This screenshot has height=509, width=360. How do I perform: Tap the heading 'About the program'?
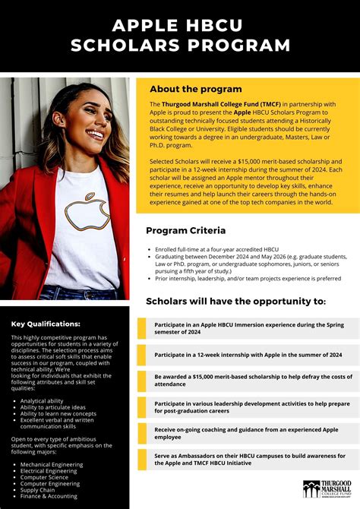pyautogui.click(x=195, y=89)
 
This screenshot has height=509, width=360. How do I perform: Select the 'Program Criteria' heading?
pyautogui.click(x=185, y=230)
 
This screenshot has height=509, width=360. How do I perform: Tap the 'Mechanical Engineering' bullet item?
pyautogui.click(x=52, y=463)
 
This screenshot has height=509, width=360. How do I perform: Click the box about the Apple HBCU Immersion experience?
pyautogui.click(x=248, y=328)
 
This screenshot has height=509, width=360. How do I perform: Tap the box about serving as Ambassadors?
pyautogui.click(x=248, y=459)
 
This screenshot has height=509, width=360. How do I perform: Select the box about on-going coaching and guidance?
pyautogui.click(x=248, y=432)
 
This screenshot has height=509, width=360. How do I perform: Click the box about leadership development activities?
pyautogui.click(x=248, y=406)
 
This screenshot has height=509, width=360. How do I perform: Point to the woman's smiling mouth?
pyautogui.click(x=95, y=134)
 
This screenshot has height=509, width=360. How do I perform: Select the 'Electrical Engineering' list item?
pyautogui.click(x=50, y=470)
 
